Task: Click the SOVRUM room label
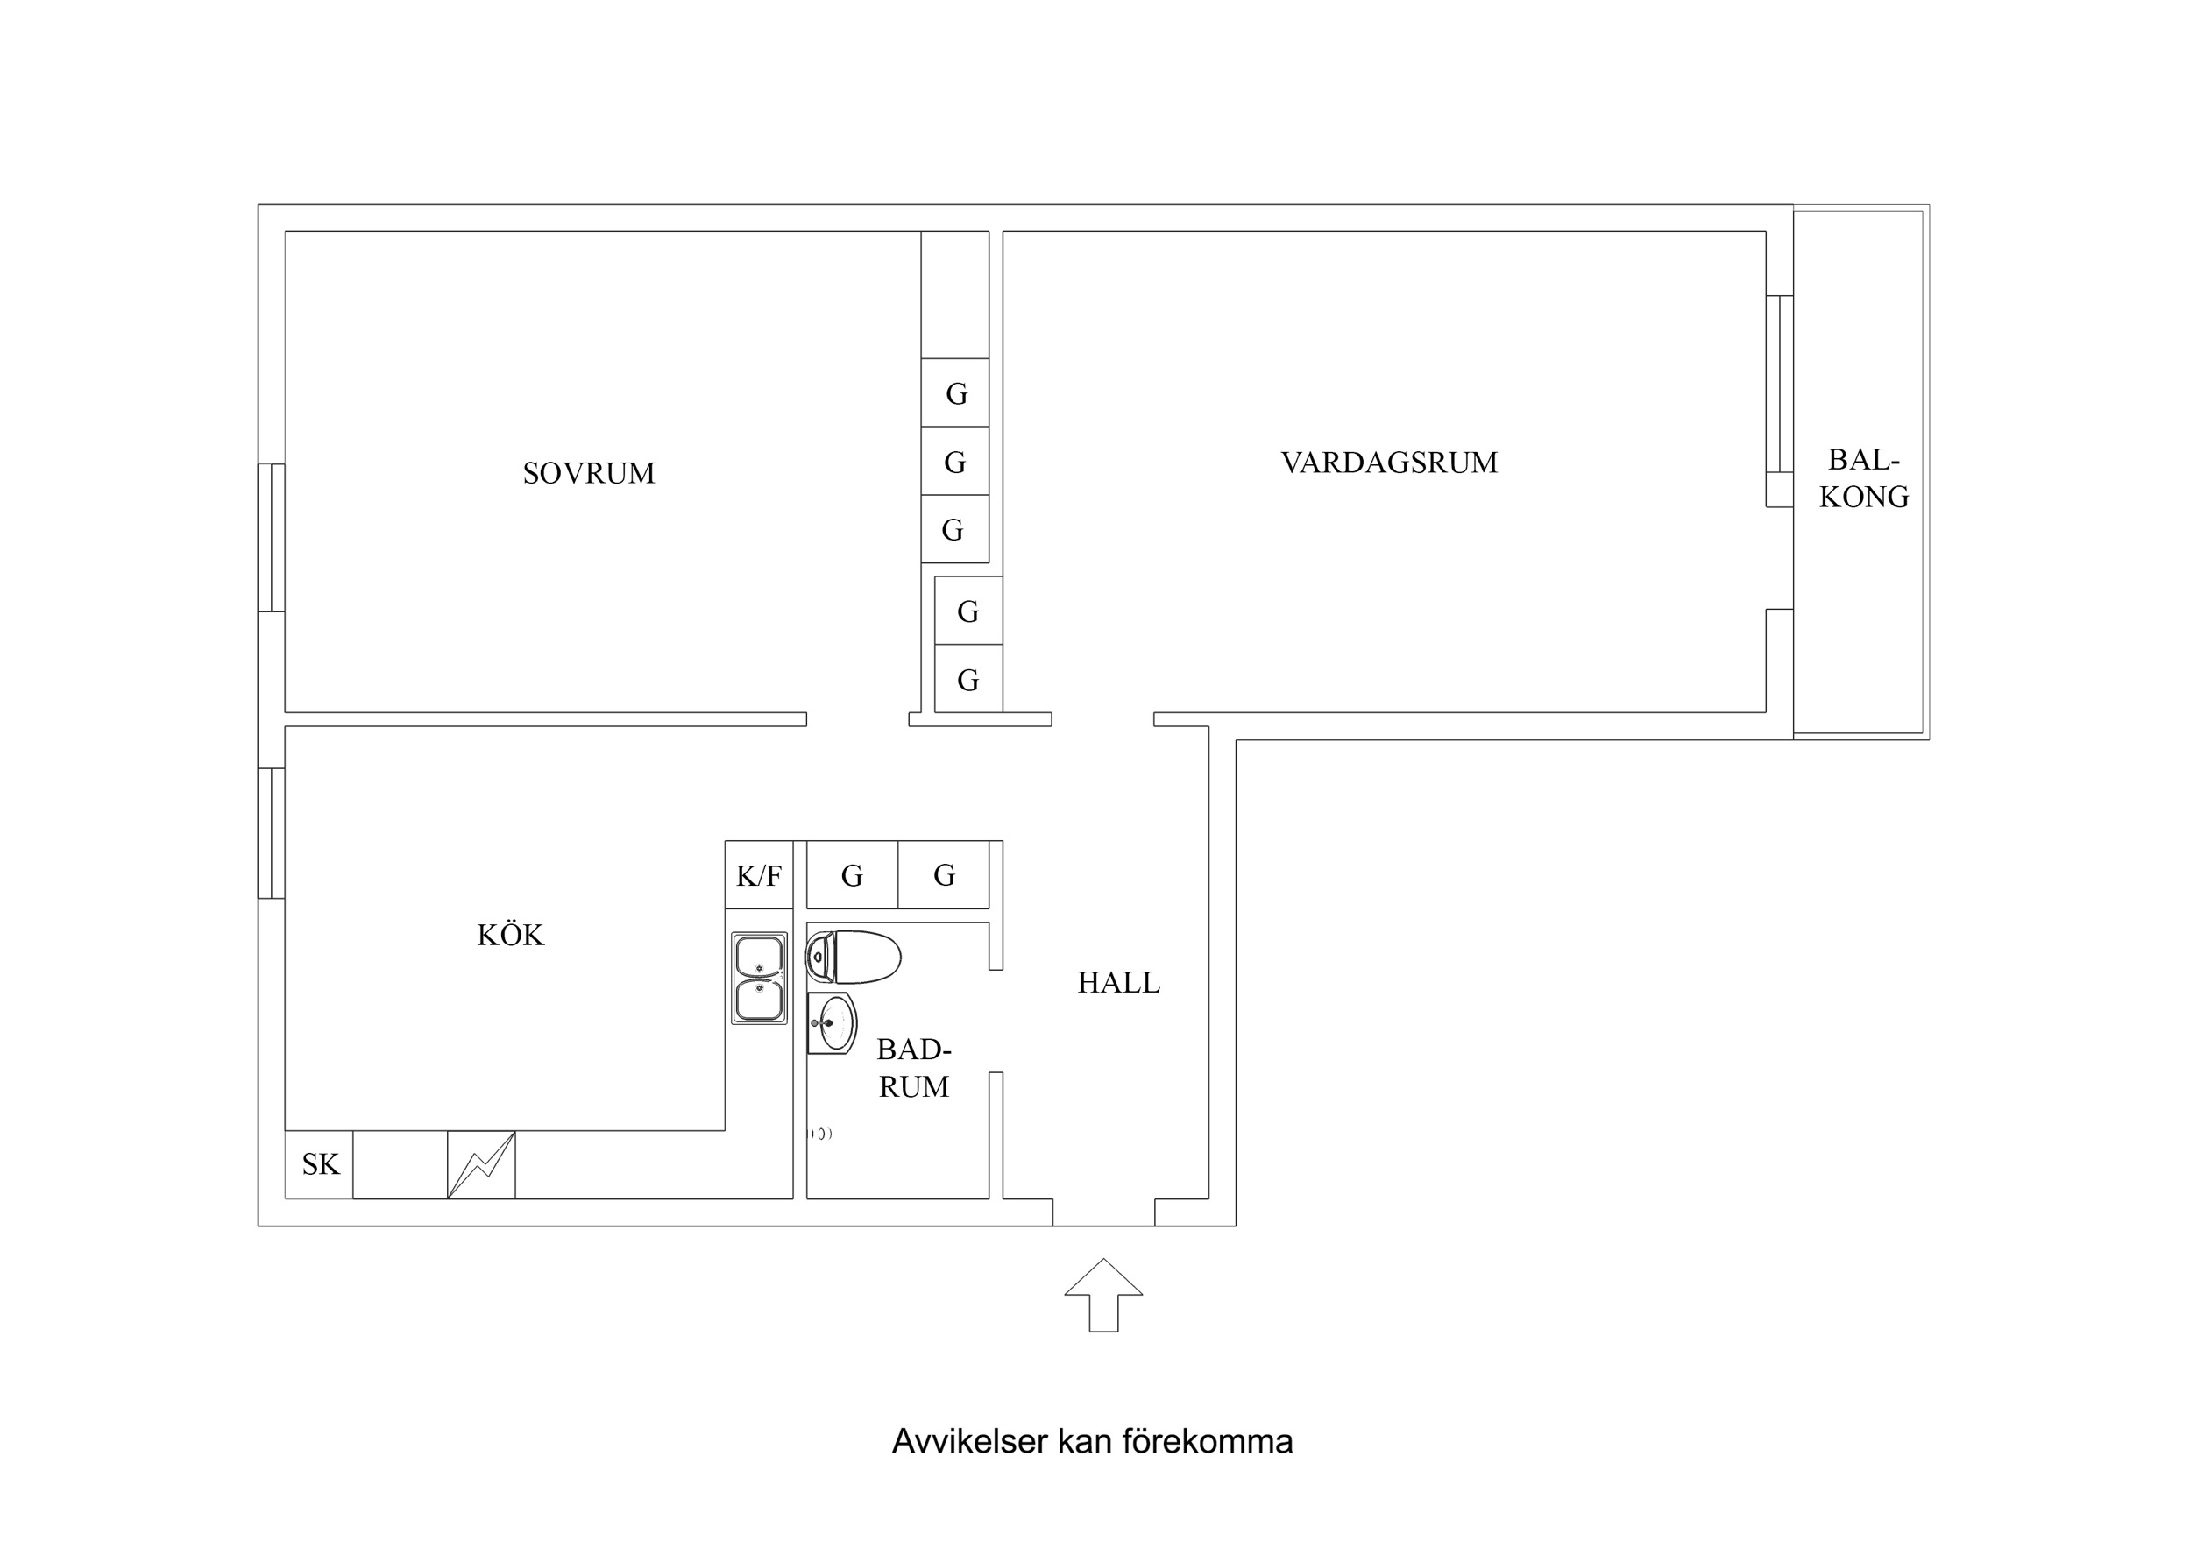click(x=589, y=473)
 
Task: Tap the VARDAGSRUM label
click(x=1389, y=463)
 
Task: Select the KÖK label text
click(x=510, y=935)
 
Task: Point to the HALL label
click(x=1118, y=982)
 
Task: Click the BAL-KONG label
click(x=1863, y=479)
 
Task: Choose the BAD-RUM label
click(x=913, y=1068)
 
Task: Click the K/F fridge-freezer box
click(x=758, y=875)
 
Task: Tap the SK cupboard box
click(x=320, y=1164)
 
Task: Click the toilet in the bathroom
click(x=854, y=957)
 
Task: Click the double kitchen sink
click(x=759, y=978)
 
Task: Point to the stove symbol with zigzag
click(x=481, y=1164)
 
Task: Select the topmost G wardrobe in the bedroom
click(x=955, y=393)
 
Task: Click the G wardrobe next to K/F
click(x=852, y=875)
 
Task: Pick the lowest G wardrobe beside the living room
click(x=967, y=680)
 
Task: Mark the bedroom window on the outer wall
click(x=272, y=537)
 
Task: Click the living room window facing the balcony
click(x=1779, y=384)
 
